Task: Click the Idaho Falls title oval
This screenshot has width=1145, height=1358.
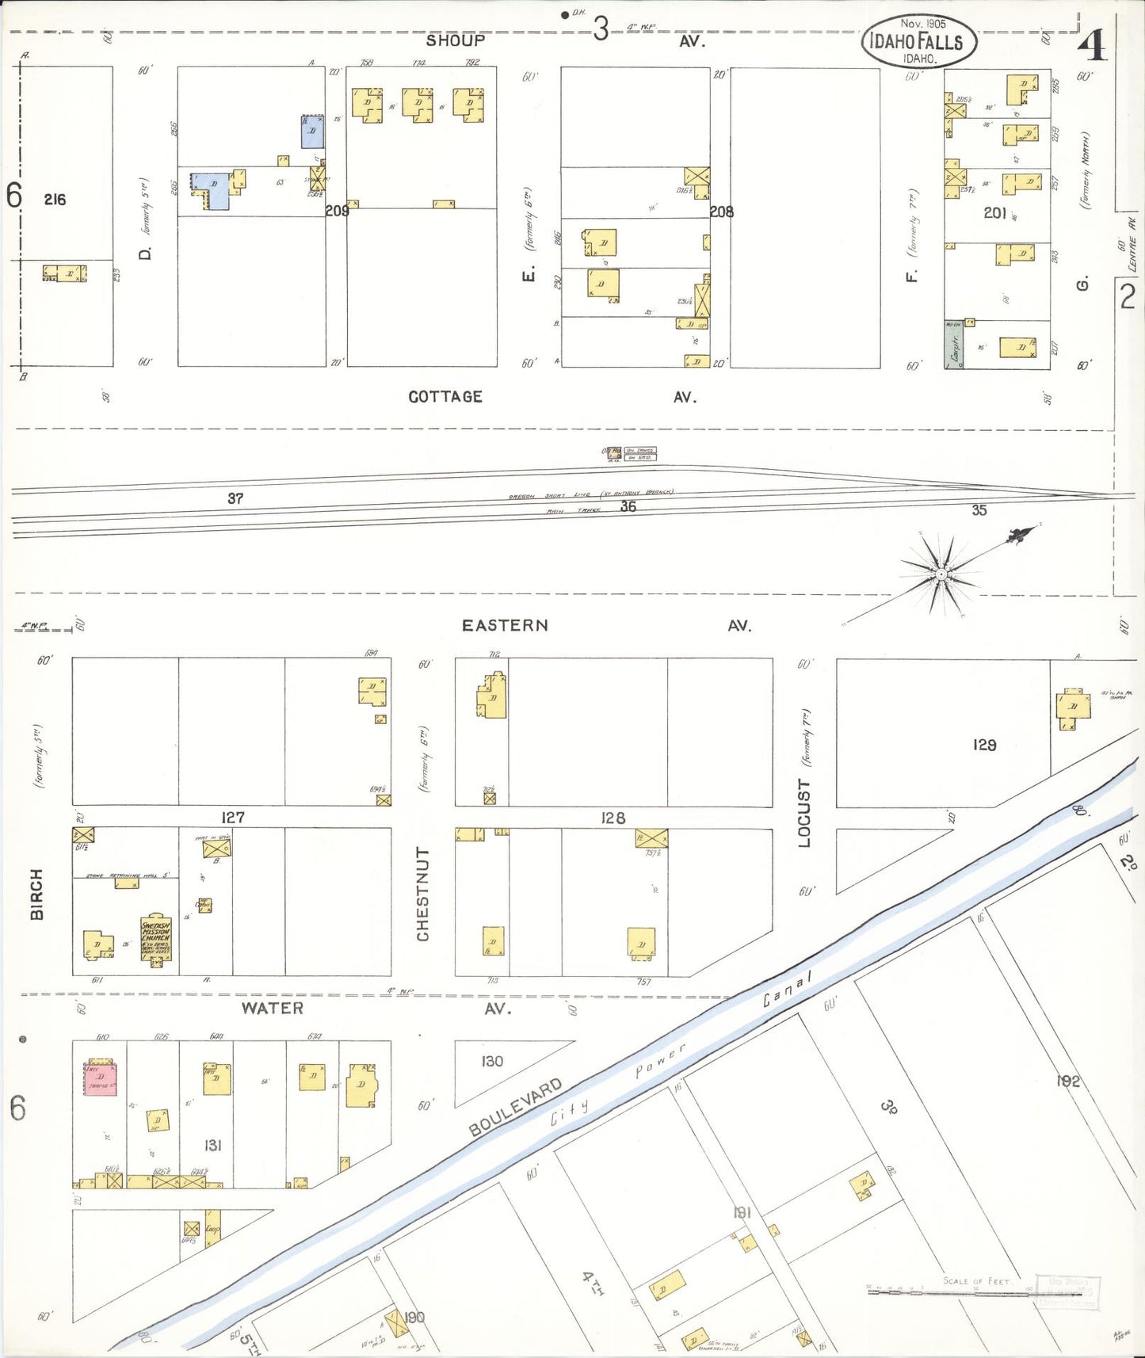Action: (918, 41)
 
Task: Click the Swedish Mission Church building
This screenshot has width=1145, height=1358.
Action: (156, 939)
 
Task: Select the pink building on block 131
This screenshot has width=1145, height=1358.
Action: (101, 1078)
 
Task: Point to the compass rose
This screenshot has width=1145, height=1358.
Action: (941, 574)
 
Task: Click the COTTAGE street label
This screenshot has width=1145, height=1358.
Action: (445, 397)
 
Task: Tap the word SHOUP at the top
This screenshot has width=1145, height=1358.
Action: (455, 40)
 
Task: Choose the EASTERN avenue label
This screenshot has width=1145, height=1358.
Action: (505, 625)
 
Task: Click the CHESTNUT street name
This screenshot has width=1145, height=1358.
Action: (423, 894)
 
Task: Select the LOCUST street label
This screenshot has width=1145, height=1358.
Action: (804, 813)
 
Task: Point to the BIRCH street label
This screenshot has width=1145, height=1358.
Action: (37, 894)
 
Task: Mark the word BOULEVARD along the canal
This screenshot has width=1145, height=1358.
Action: (515, 1107)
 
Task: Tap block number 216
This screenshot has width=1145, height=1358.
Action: (55, 200)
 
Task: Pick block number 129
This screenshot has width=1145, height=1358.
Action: (984, 745)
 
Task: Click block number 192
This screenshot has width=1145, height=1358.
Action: (1067, 1081)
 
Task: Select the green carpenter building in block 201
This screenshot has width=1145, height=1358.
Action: (953, 345)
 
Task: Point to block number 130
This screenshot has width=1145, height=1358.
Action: (492, 1061)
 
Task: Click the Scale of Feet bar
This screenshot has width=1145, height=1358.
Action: (951, 1292)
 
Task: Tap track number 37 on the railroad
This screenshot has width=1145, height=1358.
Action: (235, 498)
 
